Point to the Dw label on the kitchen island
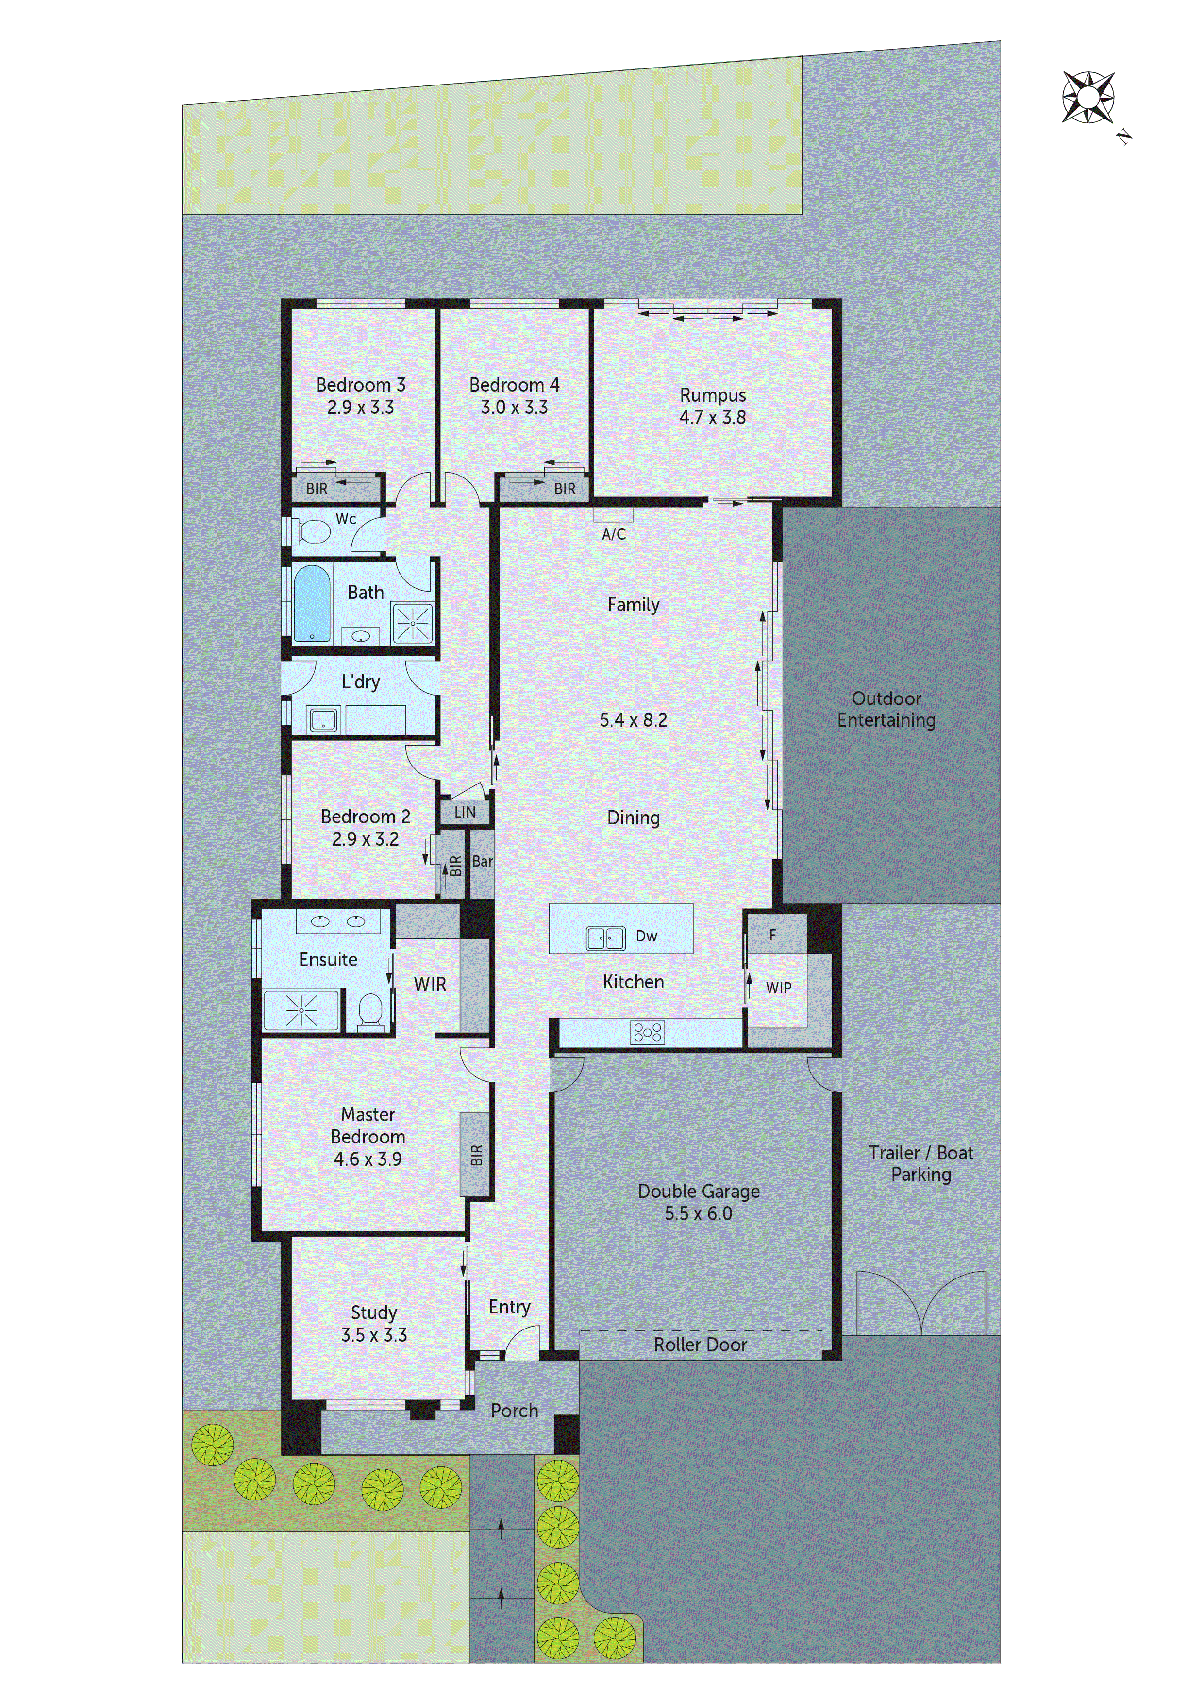tap(646, 937)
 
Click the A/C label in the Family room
tap(614, 534)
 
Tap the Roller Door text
tap(700, 1345)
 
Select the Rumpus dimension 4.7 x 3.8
tap(712, 418)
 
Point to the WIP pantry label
tap(778, 988)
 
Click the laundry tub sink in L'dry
tap(323, 719)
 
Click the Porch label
tap(514, 1411)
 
